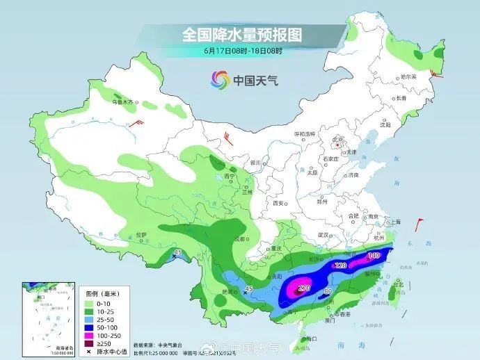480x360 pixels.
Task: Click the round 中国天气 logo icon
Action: pyautogui.click(x=220, y=80)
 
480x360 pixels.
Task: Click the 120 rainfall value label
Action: pyautogui.click(x=341, y=266)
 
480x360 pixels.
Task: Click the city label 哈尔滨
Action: pyautogui.click(x=408, y=76)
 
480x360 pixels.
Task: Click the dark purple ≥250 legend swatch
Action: pyautogui.click(x=90, y=342)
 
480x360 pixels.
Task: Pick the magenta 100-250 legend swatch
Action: pyautogui.click(x=90, y=333)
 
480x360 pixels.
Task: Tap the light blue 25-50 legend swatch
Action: pyautogui.click(x=90, y=315)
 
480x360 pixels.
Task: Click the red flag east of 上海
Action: pyautogui.click(x=419, y=224)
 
